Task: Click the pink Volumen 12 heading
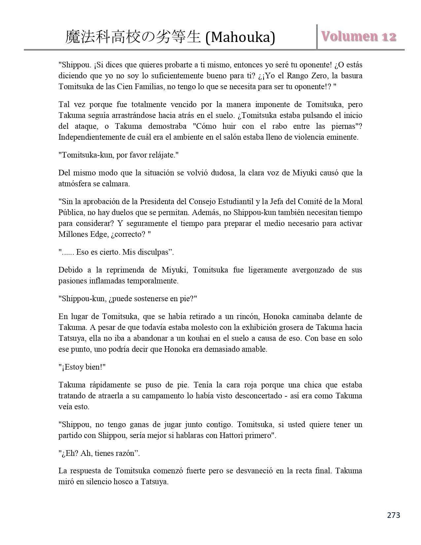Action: coord(359,37)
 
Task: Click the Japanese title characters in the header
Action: coord(133,37)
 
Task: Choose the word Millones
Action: coord(72,234)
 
